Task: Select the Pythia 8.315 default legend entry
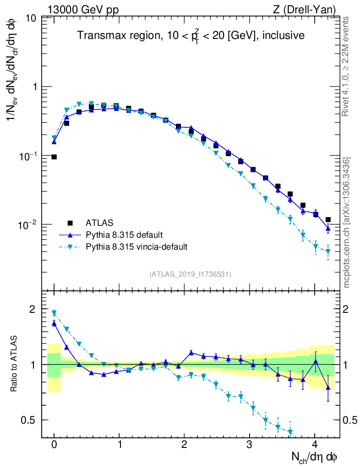(x=124, y=235)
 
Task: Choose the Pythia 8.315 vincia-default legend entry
(x=136, y=247)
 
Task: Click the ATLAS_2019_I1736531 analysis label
(x=190, y=274)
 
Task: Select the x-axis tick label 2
(x=185, y=444)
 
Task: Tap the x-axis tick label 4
(x=315, y=444)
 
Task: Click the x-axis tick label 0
(x=54, y=444)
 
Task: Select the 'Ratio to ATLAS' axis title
(x=15, y=364)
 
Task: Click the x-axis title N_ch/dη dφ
(x=316, y=457)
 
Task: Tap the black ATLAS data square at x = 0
(x=54, y=157)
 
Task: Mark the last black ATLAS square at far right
(x=328, y=220)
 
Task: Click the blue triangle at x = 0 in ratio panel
(x=54, y=323)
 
